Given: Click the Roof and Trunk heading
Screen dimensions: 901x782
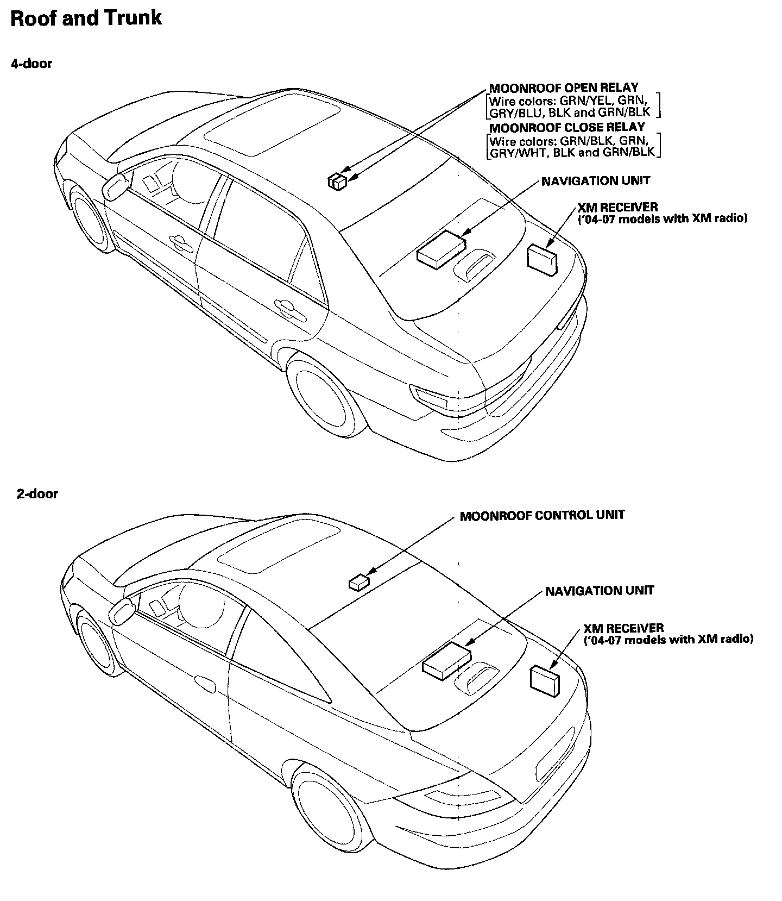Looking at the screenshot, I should tap(86, 18).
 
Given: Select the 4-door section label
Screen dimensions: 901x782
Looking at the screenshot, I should tap(31, 64).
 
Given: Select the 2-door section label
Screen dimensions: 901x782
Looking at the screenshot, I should tap(37, 494).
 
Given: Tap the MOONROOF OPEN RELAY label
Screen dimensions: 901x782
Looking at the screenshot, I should tap(564, 87).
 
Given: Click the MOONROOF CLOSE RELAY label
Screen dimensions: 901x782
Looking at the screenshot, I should tap(567, 128).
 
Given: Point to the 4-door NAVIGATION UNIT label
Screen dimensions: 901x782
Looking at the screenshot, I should tap(595, 181).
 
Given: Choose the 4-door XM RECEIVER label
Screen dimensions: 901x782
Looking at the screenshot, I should tap(617, 208).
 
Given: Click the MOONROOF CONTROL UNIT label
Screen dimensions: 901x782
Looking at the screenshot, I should tap(542, 515).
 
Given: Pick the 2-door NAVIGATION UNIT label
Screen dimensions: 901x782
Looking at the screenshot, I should tap(600, 591).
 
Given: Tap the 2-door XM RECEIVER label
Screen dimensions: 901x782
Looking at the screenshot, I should tap(623, 629).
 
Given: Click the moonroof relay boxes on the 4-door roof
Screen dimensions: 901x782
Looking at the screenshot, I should tap(337, 182).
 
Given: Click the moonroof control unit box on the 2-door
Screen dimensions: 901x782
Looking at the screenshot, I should tap(358, 582).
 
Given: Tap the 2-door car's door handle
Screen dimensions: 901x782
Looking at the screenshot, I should tap(204, 683).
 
